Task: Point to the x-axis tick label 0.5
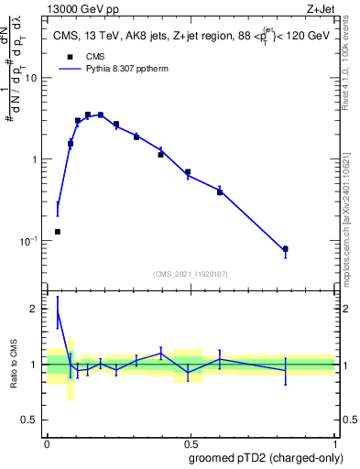tap(190, 443)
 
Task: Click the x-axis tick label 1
tap(334, 443)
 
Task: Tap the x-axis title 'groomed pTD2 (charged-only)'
tap(266, 458)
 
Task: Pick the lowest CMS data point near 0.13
tap(58, 232)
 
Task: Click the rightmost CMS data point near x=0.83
tap(286, 249)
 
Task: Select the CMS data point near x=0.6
tap(220, 192)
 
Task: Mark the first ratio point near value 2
tap(58, 312)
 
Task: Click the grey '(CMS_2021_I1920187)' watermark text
tap(190, 273)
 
